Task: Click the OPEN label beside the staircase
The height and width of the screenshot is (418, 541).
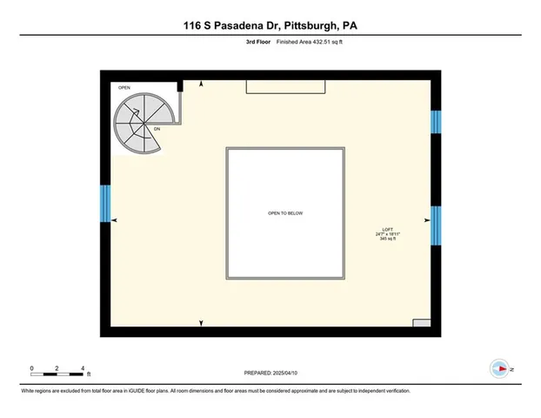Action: click(x=124, y=87)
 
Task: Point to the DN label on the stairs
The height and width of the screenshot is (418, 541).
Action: click(x=157, y=129)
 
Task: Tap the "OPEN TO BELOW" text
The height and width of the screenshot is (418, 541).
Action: click(x=285, y=213)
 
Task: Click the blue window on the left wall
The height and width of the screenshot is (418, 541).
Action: click(x=105, y=203)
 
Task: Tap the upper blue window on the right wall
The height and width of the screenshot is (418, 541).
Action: click(x=437, y=121)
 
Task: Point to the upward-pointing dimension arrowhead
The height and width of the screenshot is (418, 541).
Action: click(x=202, y=84)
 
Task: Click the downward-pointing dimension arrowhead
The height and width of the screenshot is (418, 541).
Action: click(x=202, y=323)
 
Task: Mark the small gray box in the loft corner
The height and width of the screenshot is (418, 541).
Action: click(x=421, y=323)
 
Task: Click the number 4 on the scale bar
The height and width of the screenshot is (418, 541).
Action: click(x=82, y=367)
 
